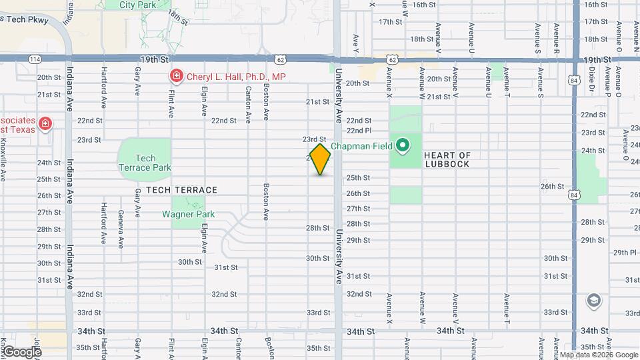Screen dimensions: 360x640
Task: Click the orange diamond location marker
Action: pyautogui.click(x=320, y=160)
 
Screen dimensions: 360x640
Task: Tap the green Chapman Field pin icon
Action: pyautogui.click(x=402, y=145)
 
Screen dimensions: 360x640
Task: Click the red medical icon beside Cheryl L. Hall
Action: pyautogui.click(x=176, y=77)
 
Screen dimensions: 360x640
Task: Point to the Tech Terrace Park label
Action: pyautogui.click(x=145, y=163)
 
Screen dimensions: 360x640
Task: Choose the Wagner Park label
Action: pyautogui.click(x=188, y=214)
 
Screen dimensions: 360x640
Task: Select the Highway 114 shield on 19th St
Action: pyautogui.click(x=33, y=59)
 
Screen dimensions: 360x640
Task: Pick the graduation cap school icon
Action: pyautogui.click(x=593, y=301)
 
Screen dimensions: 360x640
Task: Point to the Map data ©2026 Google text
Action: pyautogui.click(x=599, y=355)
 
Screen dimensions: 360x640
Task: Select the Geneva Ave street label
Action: pyautogui.click(x=121, y=227)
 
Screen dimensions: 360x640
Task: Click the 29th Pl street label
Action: pyautogui.click(x=625, y=252)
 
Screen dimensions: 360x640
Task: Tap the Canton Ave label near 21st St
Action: pyautogui.click(x=248, y=105)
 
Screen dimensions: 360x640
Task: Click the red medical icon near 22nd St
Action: pyautogui.click(x=45, y=123)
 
